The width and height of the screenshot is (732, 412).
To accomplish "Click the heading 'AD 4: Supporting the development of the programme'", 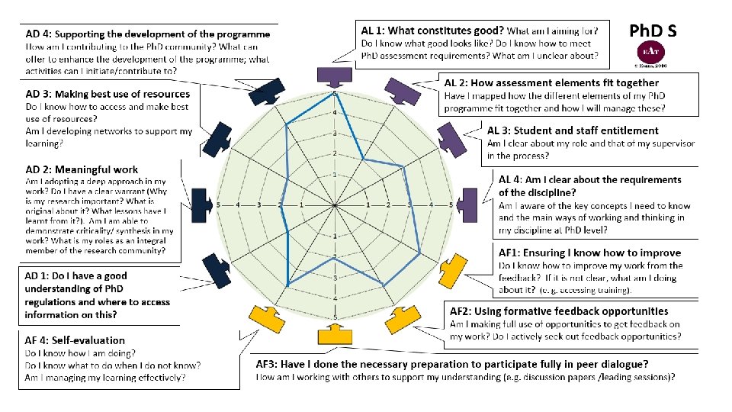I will tap(147, 34).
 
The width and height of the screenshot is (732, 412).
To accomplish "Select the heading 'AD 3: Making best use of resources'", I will tap(108, 94).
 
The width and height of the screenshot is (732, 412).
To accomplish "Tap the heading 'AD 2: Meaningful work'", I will tap(82, 169).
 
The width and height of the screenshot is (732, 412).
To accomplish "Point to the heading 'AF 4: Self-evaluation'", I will tap(75, 340).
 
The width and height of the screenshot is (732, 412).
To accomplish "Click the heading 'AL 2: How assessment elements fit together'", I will tap(551, 82).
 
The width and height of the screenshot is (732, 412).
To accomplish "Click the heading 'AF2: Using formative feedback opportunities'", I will tap(559, 311).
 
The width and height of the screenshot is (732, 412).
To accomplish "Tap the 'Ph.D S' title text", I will tap(652, 31).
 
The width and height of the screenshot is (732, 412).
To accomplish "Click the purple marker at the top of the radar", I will tap(334, 76).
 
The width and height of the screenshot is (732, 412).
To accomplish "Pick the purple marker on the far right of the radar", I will tap(467, 205).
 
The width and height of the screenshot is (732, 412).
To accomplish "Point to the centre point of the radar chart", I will tap(335, 205).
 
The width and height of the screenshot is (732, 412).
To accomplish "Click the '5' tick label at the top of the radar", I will tap(334, 93).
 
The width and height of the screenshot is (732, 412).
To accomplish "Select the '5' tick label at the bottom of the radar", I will tap(334, 317).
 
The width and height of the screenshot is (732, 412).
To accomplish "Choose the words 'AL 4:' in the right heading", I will tap(512, 180).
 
